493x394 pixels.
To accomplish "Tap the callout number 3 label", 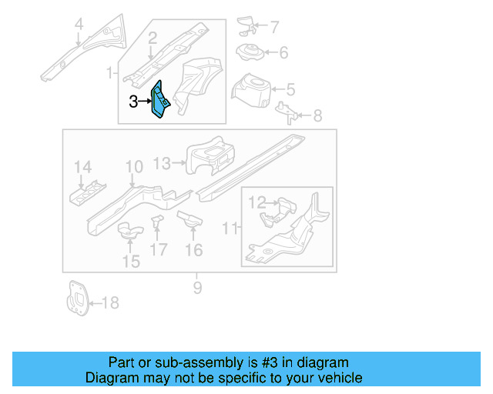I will (133, 101).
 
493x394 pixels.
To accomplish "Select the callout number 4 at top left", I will (78, 28).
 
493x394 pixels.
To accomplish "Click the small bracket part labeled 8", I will (286, 112).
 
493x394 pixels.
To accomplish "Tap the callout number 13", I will (162, 162).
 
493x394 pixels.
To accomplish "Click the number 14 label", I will (82, 167).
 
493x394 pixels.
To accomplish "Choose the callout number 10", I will (134, 167).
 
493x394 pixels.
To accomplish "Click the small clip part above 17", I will (158, 223).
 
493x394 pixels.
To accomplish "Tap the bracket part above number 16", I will (189, 220).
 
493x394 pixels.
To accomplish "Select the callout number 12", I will (257, 202).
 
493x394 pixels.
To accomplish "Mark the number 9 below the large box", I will (197, 288).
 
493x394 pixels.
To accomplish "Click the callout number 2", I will (153, 36).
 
